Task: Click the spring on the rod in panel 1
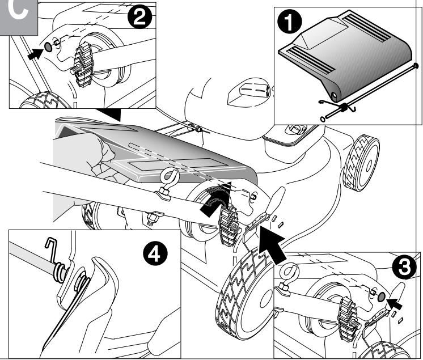[344, 107]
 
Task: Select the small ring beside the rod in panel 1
[323, 118]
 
